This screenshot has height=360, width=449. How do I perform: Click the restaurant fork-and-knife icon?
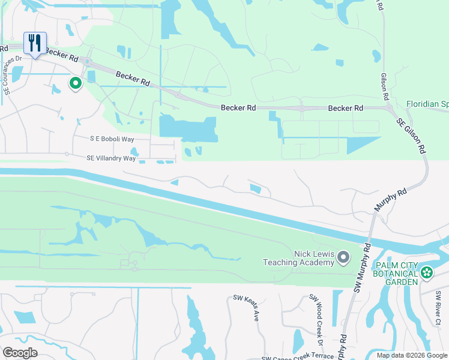pos(35,43)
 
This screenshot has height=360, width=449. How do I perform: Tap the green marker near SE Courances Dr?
pos(76,83)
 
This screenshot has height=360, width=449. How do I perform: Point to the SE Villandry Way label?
pos(111,158)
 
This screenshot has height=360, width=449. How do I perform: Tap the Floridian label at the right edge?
pos(427,104)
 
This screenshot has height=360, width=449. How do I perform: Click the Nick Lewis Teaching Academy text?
pos(298,258)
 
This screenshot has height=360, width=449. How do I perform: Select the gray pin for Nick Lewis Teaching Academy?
pos(343,257)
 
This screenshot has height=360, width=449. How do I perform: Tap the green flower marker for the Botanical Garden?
pos(427,273)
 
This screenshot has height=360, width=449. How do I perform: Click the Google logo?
pos(20,353)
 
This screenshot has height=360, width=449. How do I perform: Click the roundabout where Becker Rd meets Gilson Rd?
pos(390,109)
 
